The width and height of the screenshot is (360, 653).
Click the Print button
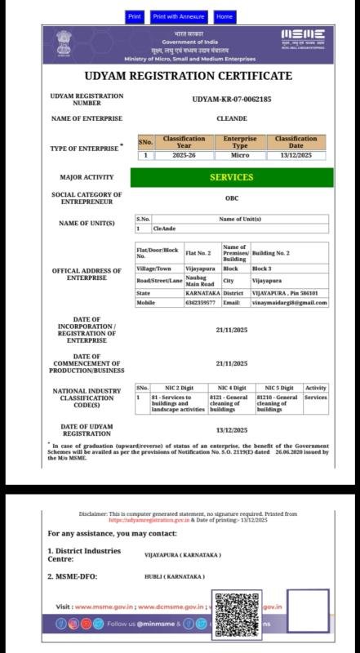(x=135, y=16)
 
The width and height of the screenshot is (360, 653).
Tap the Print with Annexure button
(x=179, y=16)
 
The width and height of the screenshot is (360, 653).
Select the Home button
(x=224, y=16)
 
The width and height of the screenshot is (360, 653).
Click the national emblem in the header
(x=64, y=42)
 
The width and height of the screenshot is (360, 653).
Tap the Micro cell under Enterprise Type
(x=240, y=155)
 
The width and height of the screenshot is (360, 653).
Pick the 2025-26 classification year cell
(x=184, y=155)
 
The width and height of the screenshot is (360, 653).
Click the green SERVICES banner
(x=232, y=177)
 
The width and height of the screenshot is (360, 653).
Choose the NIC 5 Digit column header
(x=278, y=388)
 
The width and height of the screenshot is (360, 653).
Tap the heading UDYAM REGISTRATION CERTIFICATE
(x=188, y=76)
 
